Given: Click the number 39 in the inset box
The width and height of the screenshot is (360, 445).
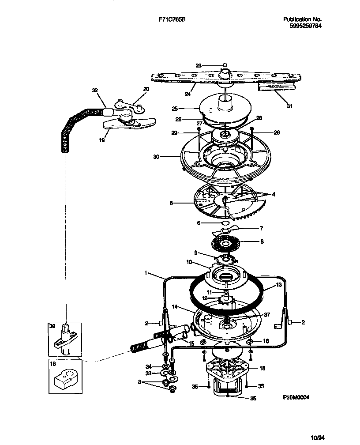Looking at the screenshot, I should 52,326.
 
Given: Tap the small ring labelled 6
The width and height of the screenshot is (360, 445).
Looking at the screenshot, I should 214,223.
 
